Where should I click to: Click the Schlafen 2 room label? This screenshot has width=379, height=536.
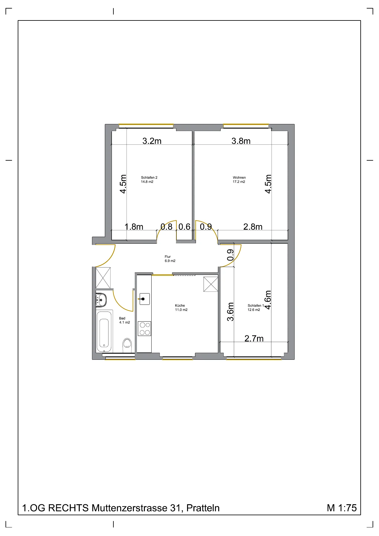[149, 180]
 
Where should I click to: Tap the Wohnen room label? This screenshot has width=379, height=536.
[239, 180]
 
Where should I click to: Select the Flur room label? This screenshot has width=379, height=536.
[170, 259]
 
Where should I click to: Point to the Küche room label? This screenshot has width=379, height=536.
[181, 308]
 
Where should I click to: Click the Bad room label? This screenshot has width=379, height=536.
[124, 320]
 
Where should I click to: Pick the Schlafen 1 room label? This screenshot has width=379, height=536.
[256, 308]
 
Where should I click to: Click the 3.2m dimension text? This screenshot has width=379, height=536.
[152, 141]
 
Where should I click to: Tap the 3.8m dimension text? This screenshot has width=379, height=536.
[241, 141]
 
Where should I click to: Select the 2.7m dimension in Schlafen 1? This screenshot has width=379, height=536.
[254, 338]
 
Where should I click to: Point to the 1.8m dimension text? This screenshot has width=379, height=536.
[134, 227]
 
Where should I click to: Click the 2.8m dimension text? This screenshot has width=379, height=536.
[253, 227]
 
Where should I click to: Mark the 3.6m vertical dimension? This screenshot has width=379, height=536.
[230, 312]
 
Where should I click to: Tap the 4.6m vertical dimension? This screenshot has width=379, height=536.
[268, 300]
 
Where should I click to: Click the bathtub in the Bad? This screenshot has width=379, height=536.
[104, 331]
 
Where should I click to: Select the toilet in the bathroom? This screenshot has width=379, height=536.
[127, 344]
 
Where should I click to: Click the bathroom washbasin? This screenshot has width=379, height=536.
[101, 300]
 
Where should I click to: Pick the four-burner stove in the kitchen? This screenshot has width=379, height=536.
[145, 329]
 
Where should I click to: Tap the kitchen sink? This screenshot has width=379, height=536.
[144, 299]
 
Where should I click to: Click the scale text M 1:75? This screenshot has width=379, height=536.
[342, 508]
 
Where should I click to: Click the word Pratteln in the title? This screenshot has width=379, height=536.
[203, 508]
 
